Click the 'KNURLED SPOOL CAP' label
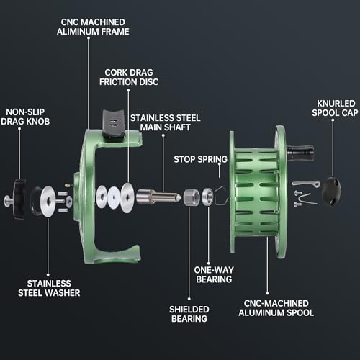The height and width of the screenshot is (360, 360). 335,108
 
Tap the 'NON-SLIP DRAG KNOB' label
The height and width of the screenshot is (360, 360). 25,117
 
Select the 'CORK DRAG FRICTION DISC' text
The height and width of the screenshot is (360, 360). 129,77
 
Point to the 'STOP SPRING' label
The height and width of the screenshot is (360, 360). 200,159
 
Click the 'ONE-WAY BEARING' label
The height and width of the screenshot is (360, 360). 214,274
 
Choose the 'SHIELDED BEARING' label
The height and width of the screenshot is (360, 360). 189,314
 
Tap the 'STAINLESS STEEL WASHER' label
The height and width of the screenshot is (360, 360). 49,288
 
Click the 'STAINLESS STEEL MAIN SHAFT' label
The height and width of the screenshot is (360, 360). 166,122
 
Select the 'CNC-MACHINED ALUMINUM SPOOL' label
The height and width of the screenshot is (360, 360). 276,308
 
